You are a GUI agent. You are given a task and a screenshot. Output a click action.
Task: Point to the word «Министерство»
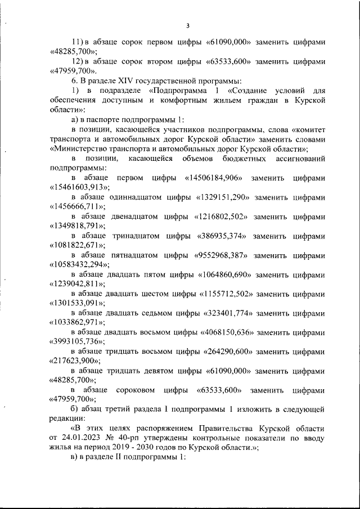pos(84,149)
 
